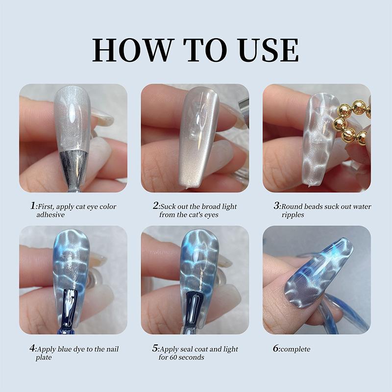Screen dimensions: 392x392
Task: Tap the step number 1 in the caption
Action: pos(32,206)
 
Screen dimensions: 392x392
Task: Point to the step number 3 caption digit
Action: pos(276,206)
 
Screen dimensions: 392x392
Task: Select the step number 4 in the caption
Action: pos(32,349)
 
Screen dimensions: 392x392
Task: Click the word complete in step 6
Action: pos(296,349)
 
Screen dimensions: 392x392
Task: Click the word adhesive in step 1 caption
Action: pos(50,215)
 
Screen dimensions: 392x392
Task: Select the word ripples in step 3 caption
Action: pos(294,215)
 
